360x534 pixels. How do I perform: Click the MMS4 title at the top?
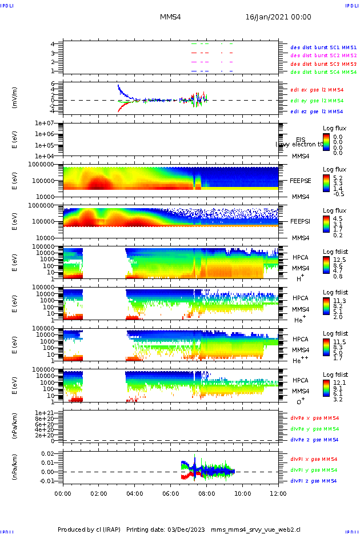coord(170,18)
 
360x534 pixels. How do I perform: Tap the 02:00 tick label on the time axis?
coord(99,492)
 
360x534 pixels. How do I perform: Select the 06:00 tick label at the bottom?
coord(171,492)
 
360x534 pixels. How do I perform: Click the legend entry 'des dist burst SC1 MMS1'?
coord(323,47)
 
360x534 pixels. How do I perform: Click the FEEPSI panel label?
coord(300,220)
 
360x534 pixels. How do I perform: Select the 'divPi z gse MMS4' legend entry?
coord(314,481)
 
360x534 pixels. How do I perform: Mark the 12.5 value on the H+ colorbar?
coord(337,260)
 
